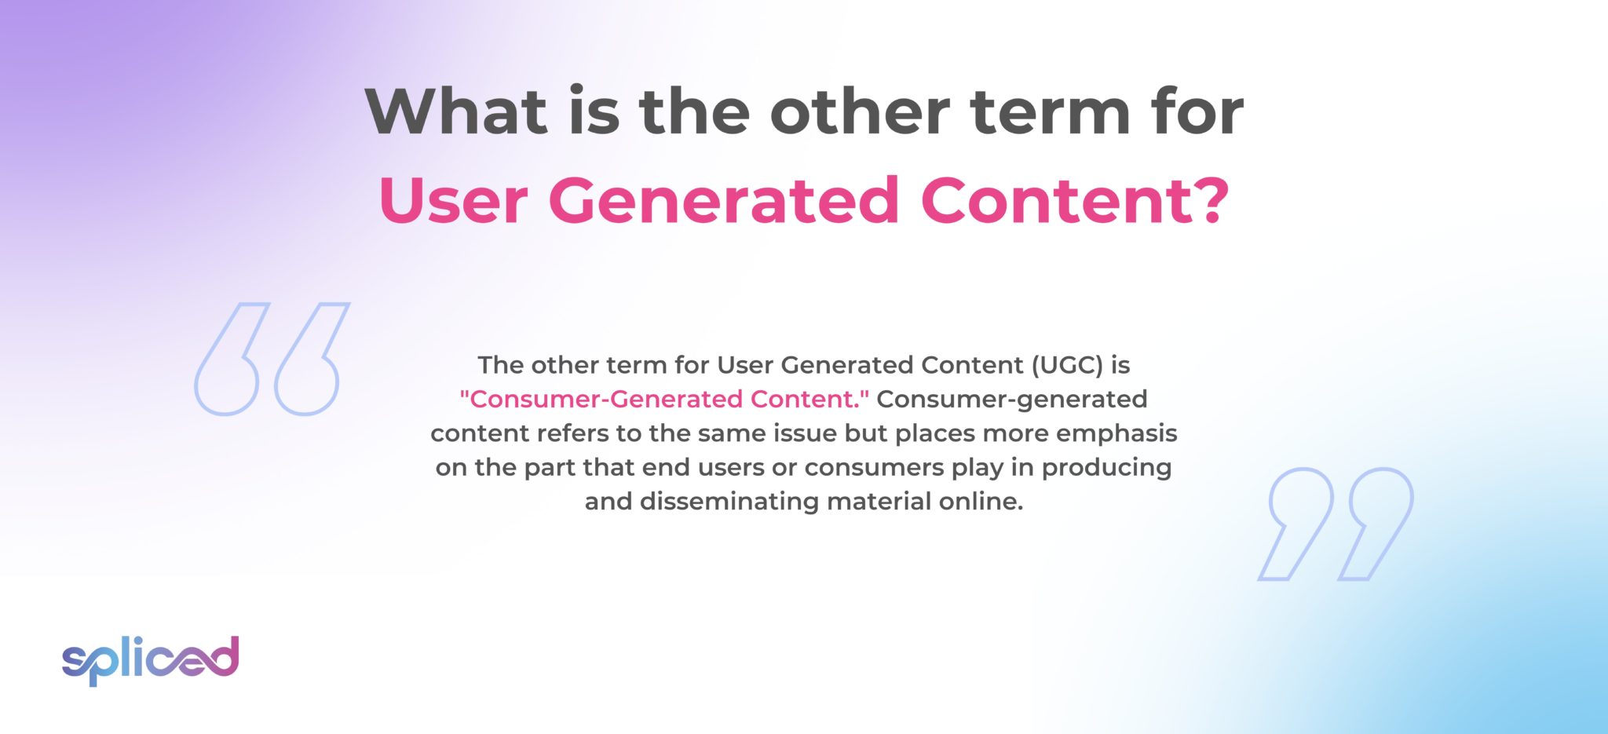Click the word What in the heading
[456, 111]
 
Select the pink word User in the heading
[453, 200]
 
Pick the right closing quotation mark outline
[1380, 522]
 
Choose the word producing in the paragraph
[1106, 467]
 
